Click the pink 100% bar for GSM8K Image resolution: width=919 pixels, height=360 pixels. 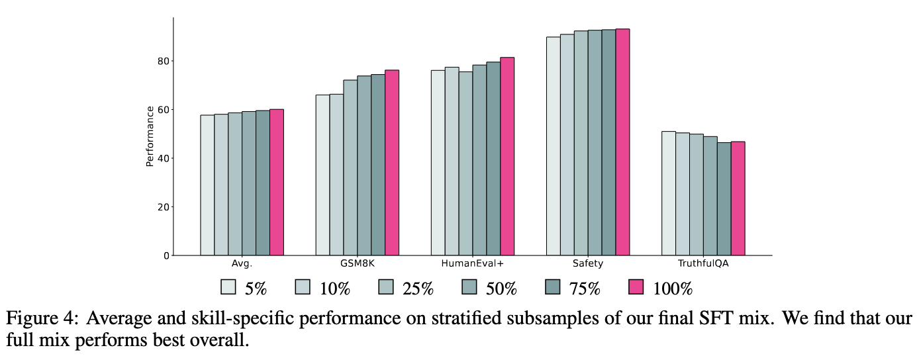pyautogui.click(x=392, y=163)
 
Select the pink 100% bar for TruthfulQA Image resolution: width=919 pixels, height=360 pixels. pyautogui.click(x=738, y=199)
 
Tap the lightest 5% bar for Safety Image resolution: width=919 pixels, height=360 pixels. pyautogui.click(x=553, y=146)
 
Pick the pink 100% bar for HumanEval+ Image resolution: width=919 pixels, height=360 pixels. pyautogui.click(x=507, y=156)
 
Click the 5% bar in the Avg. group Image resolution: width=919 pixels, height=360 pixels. pyautogui.click(x=207, y=185)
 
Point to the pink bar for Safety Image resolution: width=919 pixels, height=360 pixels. pyautogui.click(x=622, y=142)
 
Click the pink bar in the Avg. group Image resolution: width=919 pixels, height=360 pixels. pyautogui.click(x=276, y=182)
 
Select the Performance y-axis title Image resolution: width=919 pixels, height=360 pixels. pyautogui.click(x=150, y=136)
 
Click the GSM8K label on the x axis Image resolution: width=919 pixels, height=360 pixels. pyautogui.click(x=357, y=264)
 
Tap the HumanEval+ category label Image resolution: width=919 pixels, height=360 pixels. pyautogui.click(x=472, y=264)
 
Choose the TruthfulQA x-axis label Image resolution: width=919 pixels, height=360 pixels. pyautogui.click(x=702, y=264)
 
